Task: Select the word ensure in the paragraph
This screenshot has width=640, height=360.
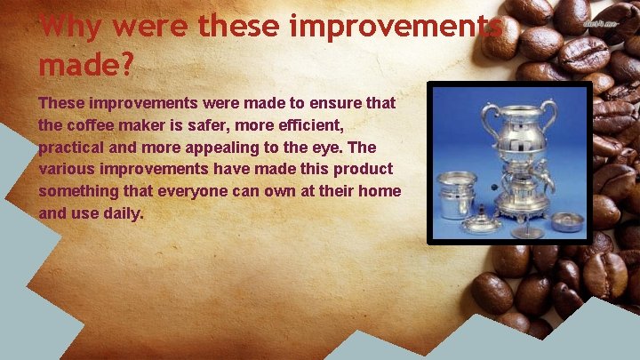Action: pyautogui.click(x=323, y=104)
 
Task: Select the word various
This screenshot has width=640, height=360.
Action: pyautogui.click(x=67, y=169)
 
